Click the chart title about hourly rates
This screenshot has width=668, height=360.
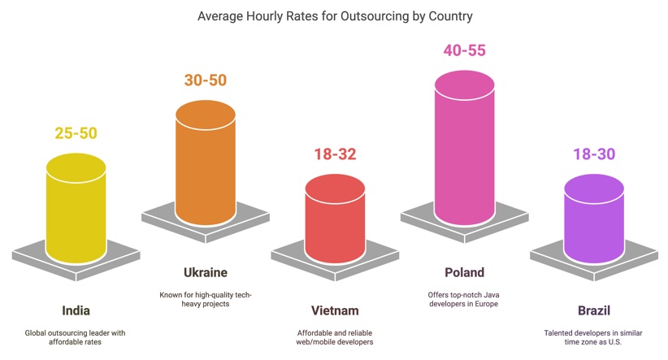coord(335,16)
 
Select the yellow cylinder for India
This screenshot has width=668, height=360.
coord(76,208)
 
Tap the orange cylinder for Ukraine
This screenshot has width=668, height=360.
coord(206,163)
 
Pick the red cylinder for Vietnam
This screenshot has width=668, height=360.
coord(335,219)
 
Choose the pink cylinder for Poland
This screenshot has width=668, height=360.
coord(464,148)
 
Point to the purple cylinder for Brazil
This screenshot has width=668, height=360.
coord(594,219)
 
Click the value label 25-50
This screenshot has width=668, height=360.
coord(76,133)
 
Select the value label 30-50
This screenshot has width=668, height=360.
coord(206,80)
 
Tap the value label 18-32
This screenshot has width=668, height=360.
coord(335,154)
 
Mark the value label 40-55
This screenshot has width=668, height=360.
coord(464,50)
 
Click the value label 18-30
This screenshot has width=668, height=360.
coord(594,154)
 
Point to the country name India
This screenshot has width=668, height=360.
coord(76,310)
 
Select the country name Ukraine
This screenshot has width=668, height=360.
coord(206,273)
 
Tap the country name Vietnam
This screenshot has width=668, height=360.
coord(335,310)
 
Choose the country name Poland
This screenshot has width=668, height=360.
coord(464,273)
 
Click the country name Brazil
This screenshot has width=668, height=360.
coord(594,310)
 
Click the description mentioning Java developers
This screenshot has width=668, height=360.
coord(463,299)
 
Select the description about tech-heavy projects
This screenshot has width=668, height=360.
coord(206,299)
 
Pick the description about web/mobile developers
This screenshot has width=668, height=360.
coord(335,337)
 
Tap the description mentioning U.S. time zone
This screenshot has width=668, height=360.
coord(593,337)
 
